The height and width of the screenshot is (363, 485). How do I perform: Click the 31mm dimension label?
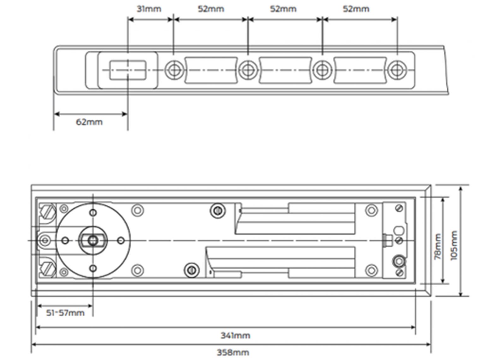(x=149, y=9)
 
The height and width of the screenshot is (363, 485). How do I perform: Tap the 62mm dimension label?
(x=89, y=122)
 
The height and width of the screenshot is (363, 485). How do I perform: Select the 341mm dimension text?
(x=235, y=336)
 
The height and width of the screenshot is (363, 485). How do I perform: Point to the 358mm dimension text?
(x=233, y=352)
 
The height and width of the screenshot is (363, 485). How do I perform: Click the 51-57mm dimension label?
(x=65, y=313)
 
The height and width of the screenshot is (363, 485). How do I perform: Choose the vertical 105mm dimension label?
(x=454, y=245)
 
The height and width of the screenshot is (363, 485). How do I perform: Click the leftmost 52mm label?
(x=211, y=9)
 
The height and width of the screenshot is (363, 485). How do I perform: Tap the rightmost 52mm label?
(x=356, y=9)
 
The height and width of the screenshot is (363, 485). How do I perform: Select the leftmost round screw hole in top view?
(x=174, y=70)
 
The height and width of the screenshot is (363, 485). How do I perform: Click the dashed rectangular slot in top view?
(x=128, y=70)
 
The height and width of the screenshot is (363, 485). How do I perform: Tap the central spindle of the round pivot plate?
(x=93, y=241)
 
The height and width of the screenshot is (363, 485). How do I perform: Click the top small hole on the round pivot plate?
(x=93, y=213)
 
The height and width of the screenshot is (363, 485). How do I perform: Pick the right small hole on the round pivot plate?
(x=120, y=241)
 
